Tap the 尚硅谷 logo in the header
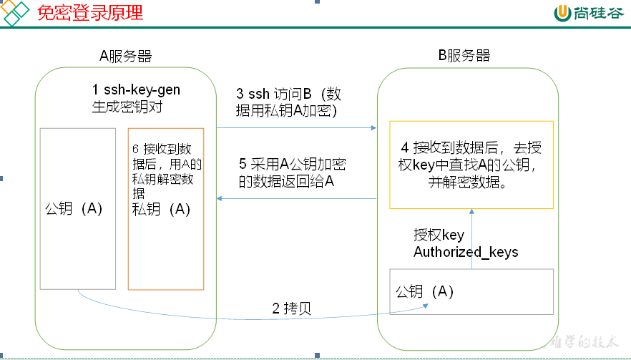pyautogui.click(x=590, y=13)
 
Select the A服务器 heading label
pyautogui.click(x=125, y=57)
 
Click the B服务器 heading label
pyautogui.click(x=464, y=56)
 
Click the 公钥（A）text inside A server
pyautogui.click(x=74, y=209)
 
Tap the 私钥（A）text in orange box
pyautogui.click(x=162, y=209)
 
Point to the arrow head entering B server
pyautogui.click(x=373, y=128)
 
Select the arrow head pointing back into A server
pyautogui.click(x=220, y=198)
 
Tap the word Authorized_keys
pyautogui.click(x=466, y=252)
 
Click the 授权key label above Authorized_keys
pyautogui.click(x=439, y=235)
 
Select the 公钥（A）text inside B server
pyautogui.click(x=425, y=291)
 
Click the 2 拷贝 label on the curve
pyautogui.click(x=291, y=309)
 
